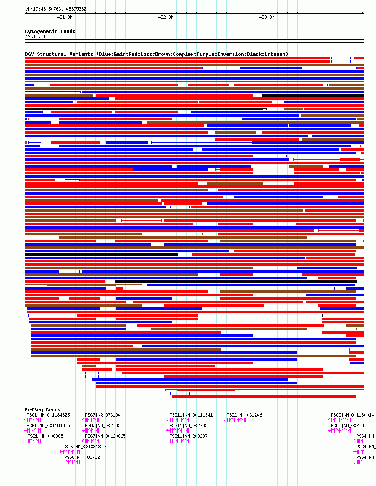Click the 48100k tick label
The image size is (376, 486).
click(x=65, y=17)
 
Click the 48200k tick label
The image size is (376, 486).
click(x=166, y=17)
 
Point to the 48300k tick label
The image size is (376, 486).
click(x=267, y=17)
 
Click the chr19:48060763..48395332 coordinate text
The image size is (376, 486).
click(x=56, y=9)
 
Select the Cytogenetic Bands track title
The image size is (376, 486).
click(x=50, y=31)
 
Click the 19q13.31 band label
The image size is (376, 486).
click(x=35, y=36)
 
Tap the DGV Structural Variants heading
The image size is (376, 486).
click(x=156, y=54)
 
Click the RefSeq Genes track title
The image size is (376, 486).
click(x=43, y=410)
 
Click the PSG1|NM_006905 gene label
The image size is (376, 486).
click(x=45, y=436)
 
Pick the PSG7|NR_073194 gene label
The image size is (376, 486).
click(x=103, y=415)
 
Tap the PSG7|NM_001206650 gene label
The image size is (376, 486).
click(x=106, y=436)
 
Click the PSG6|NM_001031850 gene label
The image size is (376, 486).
click(x=84, y=447)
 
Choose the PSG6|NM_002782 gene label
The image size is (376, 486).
click(x=82, y=457)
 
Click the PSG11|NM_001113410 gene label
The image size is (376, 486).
click(x=192, y=415)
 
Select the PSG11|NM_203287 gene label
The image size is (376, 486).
click(x=188, y=436)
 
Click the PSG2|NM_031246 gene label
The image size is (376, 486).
click(x=244, y=415)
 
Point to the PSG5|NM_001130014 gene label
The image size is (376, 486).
click(x=352, y=415)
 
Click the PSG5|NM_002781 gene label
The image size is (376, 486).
click(x=349, y=425)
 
